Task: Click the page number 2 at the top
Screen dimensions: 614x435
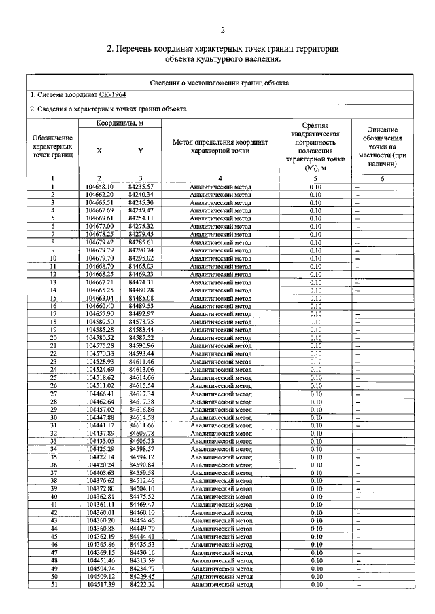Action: pos(222,31)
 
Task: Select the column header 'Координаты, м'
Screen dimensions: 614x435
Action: pos(119,123)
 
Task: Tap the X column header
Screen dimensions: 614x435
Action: pos(100,151)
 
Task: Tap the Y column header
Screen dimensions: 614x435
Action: pos(140,151)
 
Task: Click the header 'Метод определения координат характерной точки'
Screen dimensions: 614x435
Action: pos(221,146)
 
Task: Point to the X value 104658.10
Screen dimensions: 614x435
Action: pos(102,186)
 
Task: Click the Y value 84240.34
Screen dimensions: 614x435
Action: pos(141,194)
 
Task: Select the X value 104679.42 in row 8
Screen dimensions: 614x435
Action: pos(102,242)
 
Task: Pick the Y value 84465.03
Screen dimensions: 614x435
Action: pos(141,266)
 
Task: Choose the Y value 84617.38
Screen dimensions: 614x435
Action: pos(141,402)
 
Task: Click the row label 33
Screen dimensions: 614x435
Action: pos(53,441)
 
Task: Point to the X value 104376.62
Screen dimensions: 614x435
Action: pos(102,480)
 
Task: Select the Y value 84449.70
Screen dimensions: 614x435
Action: pos(141,529)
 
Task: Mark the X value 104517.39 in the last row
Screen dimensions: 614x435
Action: pos(102,584)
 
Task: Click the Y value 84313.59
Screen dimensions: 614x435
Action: pos(141,560)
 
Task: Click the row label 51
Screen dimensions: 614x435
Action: pos(53,584)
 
